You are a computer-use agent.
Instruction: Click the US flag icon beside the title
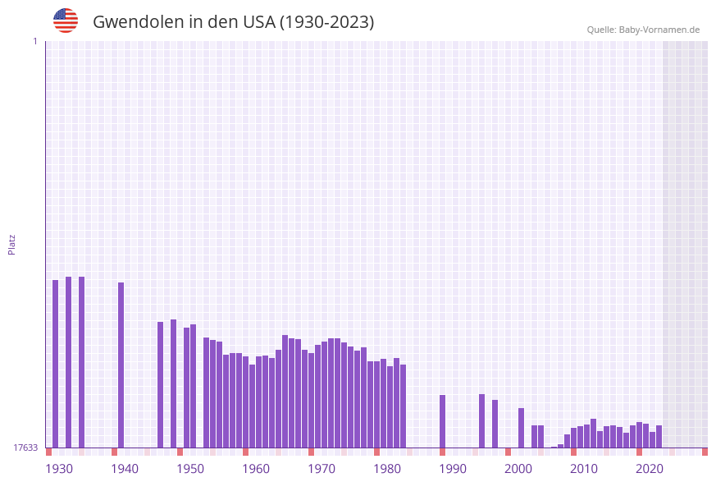pyautogui.click(x=66, y=21)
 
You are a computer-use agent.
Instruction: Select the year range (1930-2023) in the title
pyautogui.click(x=327, y=22)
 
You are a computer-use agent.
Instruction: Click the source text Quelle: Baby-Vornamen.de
pyautogui.click(x=643, y=30)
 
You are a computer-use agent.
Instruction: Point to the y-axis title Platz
pyautogui.click(x=12, y=244)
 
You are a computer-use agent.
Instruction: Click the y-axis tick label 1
pyautogui.click(x=34, y=41)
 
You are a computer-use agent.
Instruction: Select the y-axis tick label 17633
pyautogui.click(x=25, y=448)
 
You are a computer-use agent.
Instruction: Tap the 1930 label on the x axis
pyautogui.click(x=59, y=469)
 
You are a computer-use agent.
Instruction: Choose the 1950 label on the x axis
pyautogui.click(x=190, y=469)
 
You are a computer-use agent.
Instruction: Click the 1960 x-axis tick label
pyautogui.click(x=256, y=469)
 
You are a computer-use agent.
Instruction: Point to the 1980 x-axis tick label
pyautogui.click(x=387, y=469)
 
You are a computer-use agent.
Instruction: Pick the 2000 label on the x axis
pyautogui.click(x=518, y=469)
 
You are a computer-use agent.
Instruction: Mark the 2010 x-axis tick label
pyautogui.click(x=584, y=469)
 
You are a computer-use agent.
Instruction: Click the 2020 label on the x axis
pyautogui.click(x=650, y=469)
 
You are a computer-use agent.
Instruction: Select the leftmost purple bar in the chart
pyautogui.click(x=56, y=363)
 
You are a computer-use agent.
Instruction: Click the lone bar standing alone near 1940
pyautogui.click(x=121, y=365)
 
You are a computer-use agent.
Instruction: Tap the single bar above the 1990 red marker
pyautogui.click(x=443, y=420)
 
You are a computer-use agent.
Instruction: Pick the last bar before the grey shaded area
pyautogui.click(x=659, y=436)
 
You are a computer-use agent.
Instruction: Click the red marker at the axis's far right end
pyautogui.click(x=705, y=452)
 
